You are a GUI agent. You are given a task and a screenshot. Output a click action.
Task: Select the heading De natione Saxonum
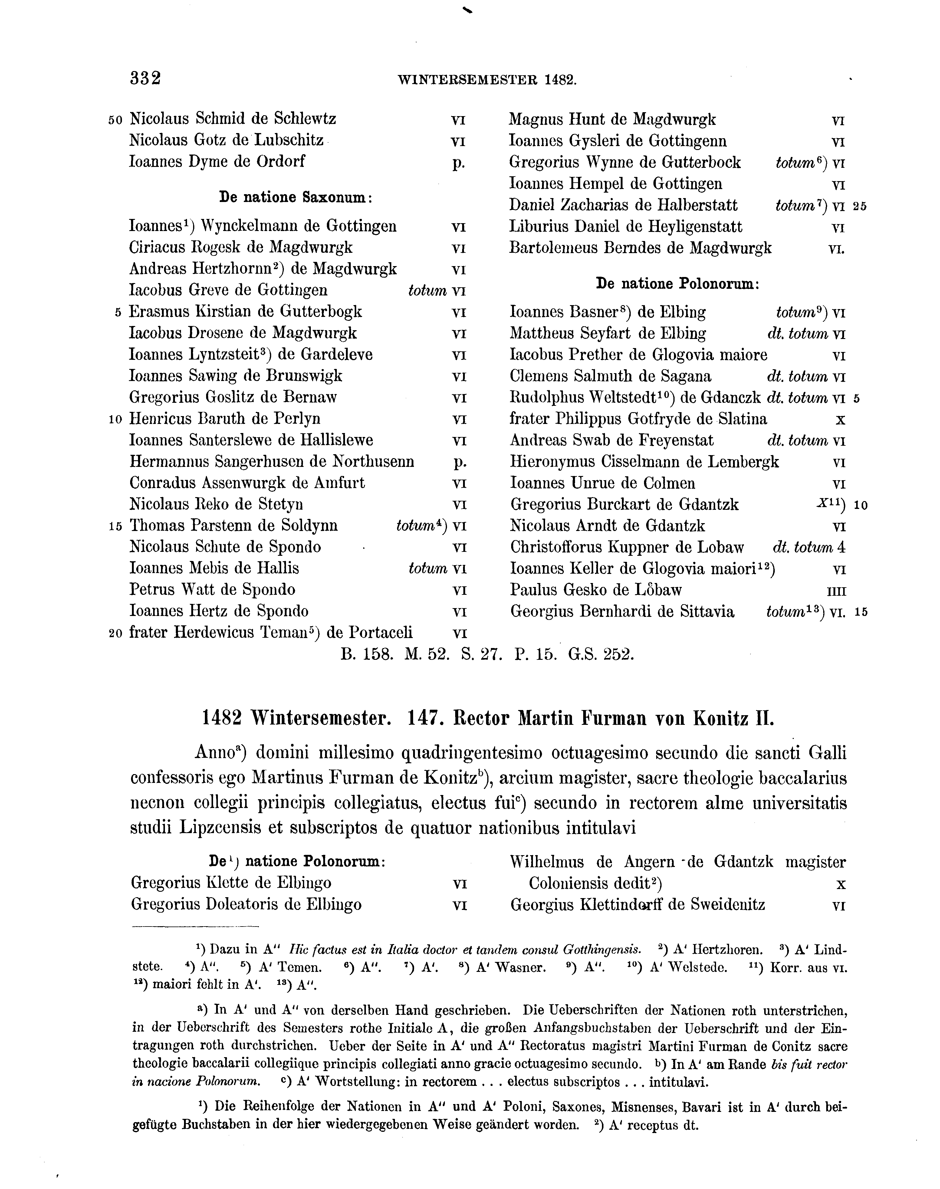296,197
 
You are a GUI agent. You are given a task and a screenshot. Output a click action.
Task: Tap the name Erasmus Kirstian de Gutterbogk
245,312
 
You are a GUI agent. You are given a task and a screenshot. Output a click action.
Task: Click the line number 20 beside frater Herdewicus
116,634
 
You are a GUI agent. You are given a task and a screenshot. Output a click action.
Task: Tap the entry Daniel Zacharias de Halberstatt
623,206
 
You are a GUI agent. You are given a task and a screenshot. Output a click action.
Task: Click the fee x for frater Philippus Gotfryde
840,420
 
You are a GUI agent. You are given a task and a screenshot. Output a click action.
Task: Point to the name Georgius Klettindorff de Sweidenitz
637,905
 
